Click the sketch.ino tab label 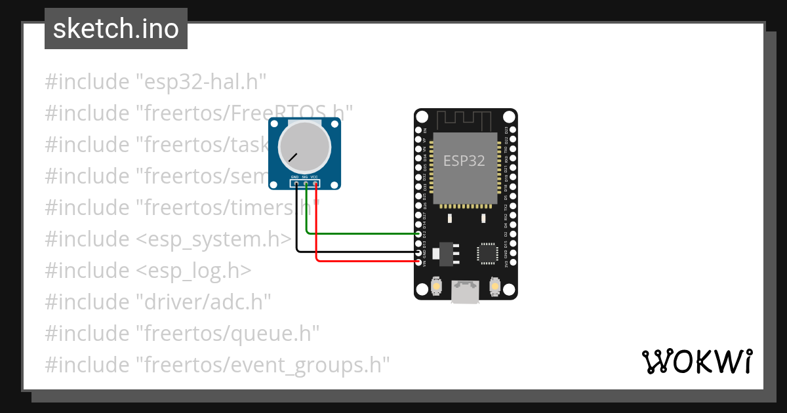pos(116,29)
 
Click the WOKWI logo pos(697,361)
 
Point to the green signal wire pos(361,233)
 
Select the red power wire pos(367,261)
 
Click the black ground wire pos(354,251)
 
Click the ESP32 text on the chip pos(464,161)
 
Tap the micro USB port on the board pos(465,292)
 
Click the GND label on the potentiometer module pos(295,177)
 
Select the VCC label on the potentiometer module pos(315,177)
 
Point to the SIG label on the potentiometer pos(305,177)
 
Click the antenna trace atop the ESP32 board pos(465,120)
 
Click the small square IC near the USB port pos(487,253)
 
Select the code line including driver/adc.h pos(158,302)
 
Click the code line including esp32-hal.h pos(155,82)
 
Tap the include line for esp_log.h pos(148,271)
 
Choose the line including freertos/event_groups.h pos(217,365)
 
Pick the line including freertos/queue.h pos(182,334)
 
